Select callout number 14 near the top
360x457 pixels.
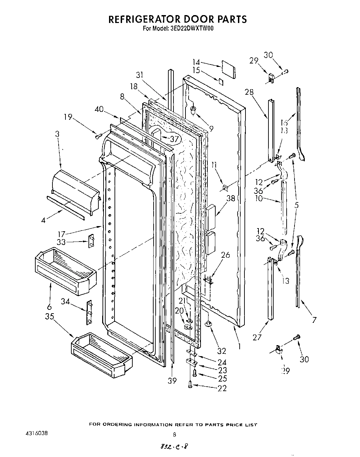click(x=196, y=62)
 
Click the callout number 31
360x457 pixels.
click(x=140, y=75)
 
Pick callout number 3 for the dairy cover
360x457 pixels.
click(x=57, y=134)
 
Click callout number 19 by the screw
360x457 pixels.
click(x=68, y=117)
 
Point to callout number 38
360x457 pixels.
click(x=230, y=198)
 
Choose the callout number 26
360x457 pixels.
click(x=225, y=255)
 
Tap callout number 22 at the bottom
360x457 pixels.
click(x=222, y=388)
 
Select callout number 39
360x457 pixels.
click(x=172, y=380)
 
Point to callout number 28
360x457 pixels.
click(x=249, y=92)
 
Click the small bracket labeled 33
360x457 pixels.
click(x=92, y=241)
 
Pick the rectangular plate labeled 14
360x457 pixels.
click(x=227, y=67)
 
